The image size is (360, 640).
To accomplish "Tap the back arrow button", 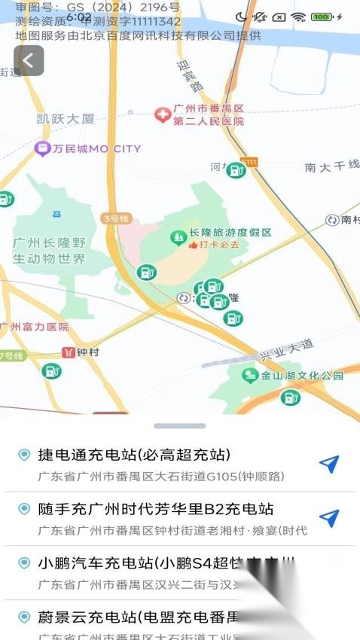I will (29, 60).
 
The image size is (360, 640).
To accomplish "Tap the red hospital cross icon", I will (161, 114).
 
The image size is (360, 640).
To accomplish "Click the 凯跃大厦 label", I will (66, 118).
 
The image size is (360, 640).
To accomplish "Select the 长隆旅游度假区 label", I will (230, 233).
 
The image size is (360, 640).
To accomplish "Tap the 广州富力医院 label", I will (35, 327).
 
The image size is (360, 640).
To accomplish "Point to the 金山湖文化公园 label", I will (302, 375).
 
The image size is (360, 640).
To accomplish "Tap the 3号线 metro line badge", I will (116, 218).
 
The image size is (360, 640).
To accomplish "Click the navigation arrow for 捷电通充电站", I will (329, 464).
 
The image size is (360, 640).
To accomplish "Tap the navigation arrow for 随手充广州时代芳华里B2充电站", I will (329, 518).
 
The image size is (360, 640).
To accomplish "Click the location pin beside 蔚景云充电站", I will (24, 617).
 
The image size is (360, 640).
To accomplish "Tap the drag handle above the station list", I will (179, 426).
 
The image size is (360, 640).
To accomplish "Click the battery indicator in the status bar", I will (322, 17).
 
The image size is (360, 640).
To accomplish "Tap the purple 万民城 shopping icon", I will (43, 148).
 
